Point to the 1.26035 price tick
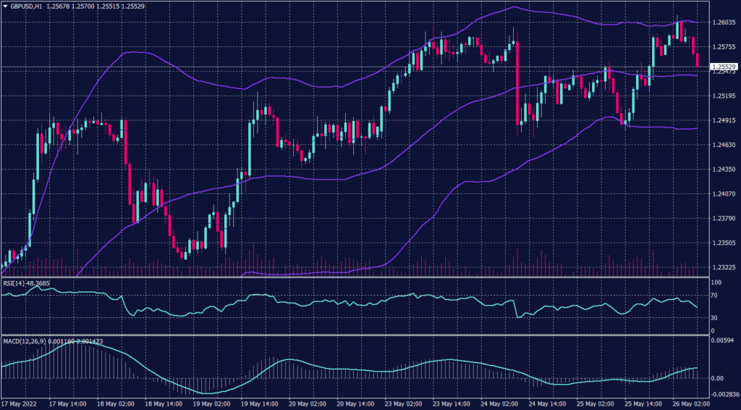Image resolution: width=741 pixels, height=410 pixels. [724, 22]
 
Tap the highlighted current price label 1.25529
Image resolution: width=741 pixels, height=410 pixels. [724, 67]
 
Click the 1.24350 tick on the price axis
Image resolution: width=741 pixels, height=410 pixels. [724, 170]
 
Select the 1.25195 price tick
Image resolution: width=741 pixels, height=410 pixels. [724, 96]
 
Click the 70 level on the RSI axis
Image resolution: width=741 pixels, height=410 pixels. [714, 296]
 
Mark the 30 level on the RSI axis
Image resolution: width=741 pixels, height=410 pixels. [714, 318]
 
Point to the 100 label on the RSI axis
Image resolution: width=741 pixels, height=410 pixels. [716, 282]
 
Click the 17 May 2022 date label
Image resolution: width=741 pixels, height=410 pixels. [20, 404]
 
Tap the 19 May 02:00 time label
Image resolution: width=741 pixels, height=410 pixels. [211, 404]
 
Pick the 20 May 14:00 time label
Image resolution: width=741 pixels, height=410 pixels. [354, 404]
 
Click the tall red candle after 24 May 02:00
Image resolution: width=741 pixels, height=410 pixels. [519, 83]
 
